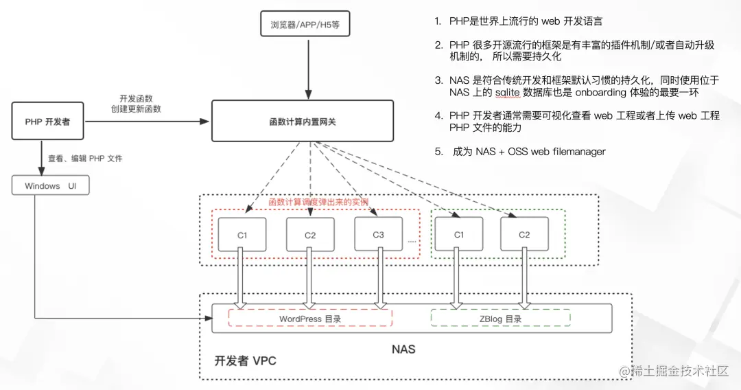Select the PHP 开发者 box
click(47, 122)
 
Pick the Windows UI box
click(50, 186)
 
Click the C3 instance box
click(378, 234)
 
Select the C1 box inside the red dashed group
click(242, 235)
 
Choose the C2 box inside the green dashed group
click(524, 234)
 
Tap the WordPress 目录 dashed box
click(310, 319)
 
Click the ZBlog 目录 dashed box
click(500, 319)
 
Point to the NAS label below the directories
click(403, 349)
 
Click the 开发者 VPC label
click(245, 360)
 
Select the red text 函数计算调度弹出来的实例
click(318, 203)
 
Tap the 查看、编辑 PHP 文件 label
click(85, 159)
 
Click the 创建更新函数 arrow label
click(136, 109)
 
